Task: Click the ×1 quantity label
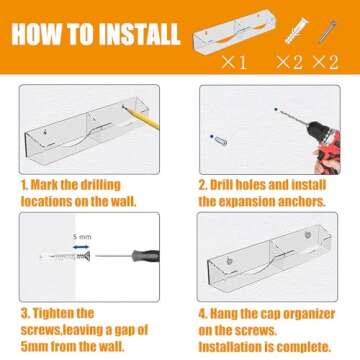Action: pos(234,62)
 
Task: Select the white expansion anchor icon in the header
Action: pos(296,31)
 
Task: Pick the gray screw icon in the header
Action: pos(327,32)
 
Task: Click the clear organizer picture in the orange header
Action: pos(235,32)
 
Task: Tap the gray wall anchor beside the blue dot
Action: pos(221,141)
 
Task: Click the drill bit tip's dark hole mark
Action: pos(276,109)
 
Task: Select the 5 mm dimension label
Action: pos(82,237)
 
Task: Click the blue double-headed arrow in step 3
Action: pos(81,247)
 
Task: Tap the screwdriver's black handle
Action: pos(145,256)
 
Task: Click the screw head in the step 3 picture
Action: pos(86,256)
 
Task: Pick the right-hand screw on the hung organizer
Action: pos(308,235)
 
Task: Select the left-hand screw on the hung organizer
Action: pos(230,261)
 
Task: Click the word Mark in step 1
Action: pos(43,185)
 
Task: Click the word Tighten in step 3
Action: pos(62,314)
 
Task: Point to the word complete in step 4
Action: pos(304,347)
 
